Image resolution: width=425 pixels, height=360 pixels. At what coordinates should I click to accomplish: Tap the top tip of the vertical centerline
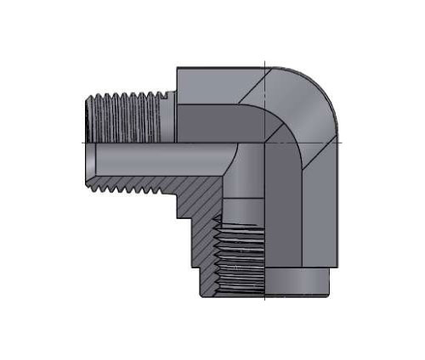(x=266, y=60)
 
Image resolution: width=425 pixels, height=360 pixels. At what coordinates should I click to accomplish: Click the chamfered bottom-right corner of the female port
(x=332, y=292)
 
